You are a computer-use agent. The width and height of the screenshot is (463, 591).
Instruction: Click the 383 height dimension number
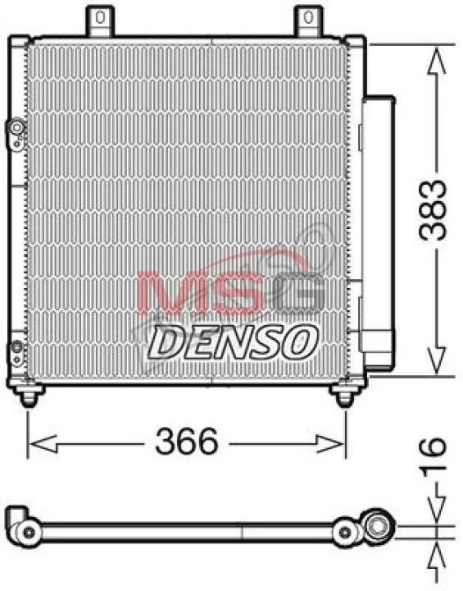click(x=433, y=210)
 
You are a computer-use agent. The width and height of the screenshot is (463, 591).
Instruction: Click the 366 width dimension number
click(x=187, y=442)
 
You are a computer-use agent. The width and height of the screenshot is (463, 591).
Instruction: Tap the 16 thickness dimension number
click(x=433, y=457)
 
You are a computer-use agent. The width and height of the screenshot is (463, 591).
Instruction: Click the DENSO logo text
click(x=232, y=342)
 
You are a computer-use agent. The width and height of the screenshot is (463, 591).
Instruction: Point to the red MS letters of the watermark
click(x=199, y=293)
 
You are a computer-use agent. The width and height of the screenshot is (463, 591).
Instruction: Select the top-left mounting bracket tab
click(x=100, y=21)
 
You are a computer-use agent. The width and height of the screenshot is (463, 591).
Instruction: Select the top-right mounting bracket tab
click(x=308, y=21)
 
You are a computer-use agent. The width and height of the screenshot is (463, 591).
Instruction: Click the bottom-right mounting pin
click(x=343, y=397)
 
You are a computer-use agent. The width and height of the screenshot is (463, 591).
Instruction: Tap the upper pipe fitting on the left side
click(x=16, y=134)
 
